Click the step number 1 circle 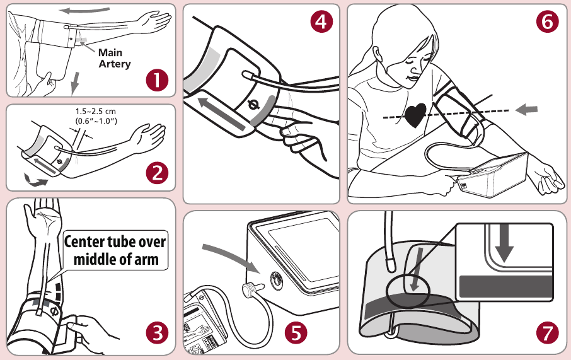[x=156, y=80]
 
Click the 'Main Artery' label [x=114, y=59]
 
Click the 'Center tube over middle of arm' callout [x=115, y=250]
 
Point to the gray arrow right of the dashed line [x=527, y=110]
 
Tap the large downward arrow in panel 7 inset [x=504, y=246]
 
